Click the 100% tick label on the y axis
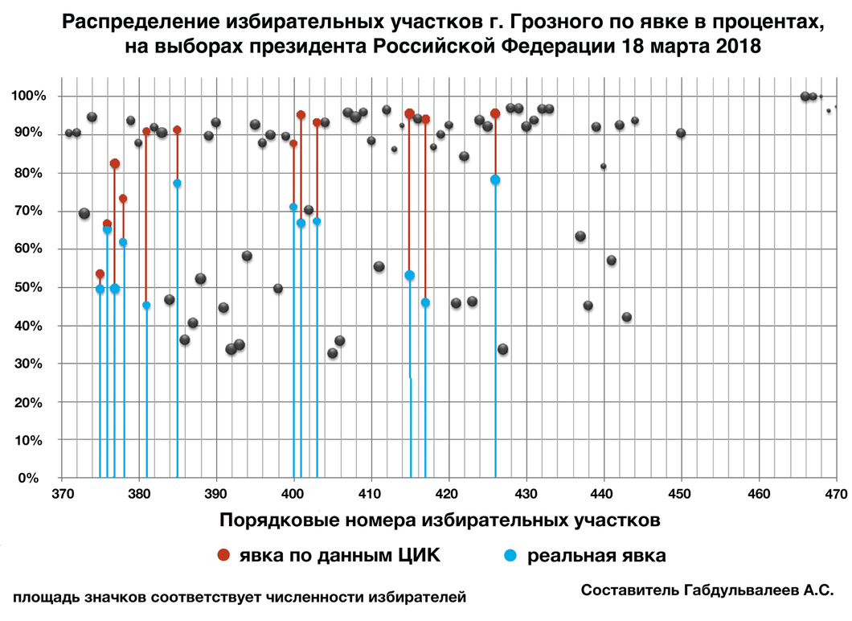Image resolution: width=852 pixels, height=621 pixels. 29,97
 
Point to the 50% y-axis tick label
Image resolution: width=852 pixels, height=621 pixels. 32,287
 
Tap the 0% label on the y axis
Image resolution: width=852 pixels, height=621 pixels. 35,479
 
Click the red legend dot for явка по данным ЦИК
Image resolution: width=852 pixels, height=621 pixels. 224,556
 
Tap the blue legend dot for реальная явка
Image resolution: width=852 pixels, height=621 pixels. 510,556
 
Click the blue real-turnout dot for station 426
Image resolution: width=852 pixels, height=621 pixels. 495,179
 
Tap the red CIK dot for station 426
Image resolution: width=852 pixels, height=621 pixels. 495,113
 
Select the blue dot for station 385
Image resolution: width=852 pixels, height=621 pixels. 178,183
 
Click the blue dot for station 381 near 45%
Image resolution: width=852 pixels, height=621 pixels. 146,306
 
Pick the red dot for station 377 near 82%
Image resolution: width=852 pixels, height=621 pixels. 115,163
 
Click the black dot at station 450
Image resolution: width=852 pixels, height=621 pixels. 681,133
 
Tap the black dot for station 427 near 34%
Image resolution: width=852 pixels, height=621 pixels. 503,349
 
